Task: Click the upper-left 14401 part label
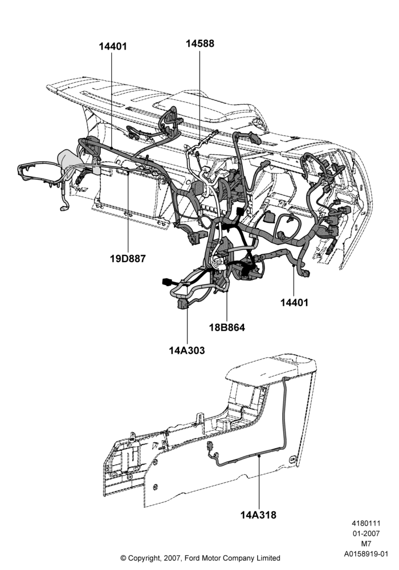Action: point(113,47)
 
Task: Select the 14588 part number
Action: point(200,43)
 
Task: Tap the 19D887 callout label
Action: point(128,259)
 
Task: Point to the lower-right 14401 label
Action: point(294,303)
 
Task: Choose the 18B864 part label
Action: point(227,327)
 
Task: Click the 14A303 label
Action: point(187,351)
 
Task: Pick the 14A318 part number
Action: point(258,515)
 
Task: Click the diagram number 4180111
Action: point(366,523)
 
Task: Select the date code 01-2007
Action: point(366,534)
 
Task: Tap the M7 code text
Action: point(366,544)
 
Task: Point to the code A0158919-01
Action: point(367,555)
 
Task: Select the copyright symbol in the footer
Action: point(123,558)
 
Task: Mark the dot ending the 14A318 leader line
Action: point(259,455)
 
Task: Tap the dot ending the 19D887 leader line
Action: point(128,173)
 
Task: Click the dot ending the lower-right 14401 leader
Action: point(294,266)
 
